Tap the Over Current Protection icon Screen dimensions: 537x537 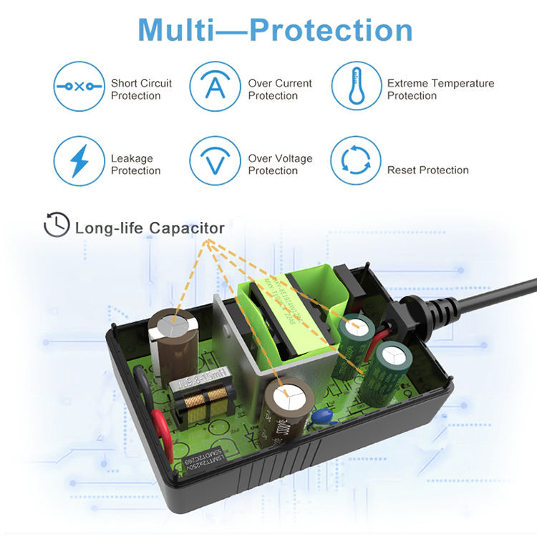point(213,87)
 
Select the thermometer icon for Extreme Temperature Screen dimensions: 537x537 point(355,87)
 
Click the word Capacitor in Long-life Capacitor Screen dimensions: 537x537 point(187,228)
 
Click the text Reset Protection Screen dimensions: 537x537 point(427,170)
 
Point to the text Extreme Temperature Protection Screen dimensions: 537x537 point(440,89)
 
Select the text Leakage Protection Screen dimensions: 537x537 point(135,165)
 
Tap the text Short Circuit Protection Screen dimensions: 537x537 point(141,89)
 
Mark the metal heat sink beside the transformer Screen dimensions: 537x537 point(243,337)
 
